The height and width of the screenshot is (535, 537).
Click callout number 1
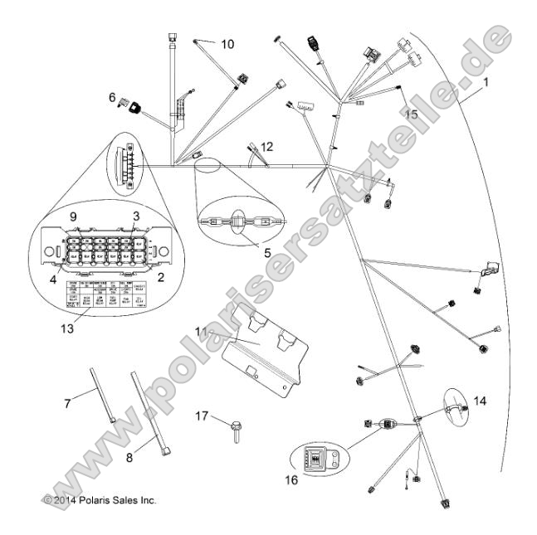[486, 83]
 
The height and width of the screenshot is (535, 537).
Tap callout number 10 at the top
[227, 43]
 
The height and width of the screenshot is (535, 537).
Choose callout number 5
[267, 251]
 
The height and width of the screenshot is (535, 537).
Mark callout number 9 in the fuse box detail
[73, 216]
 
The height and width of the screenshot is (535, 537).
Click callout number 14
[481, 400]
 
